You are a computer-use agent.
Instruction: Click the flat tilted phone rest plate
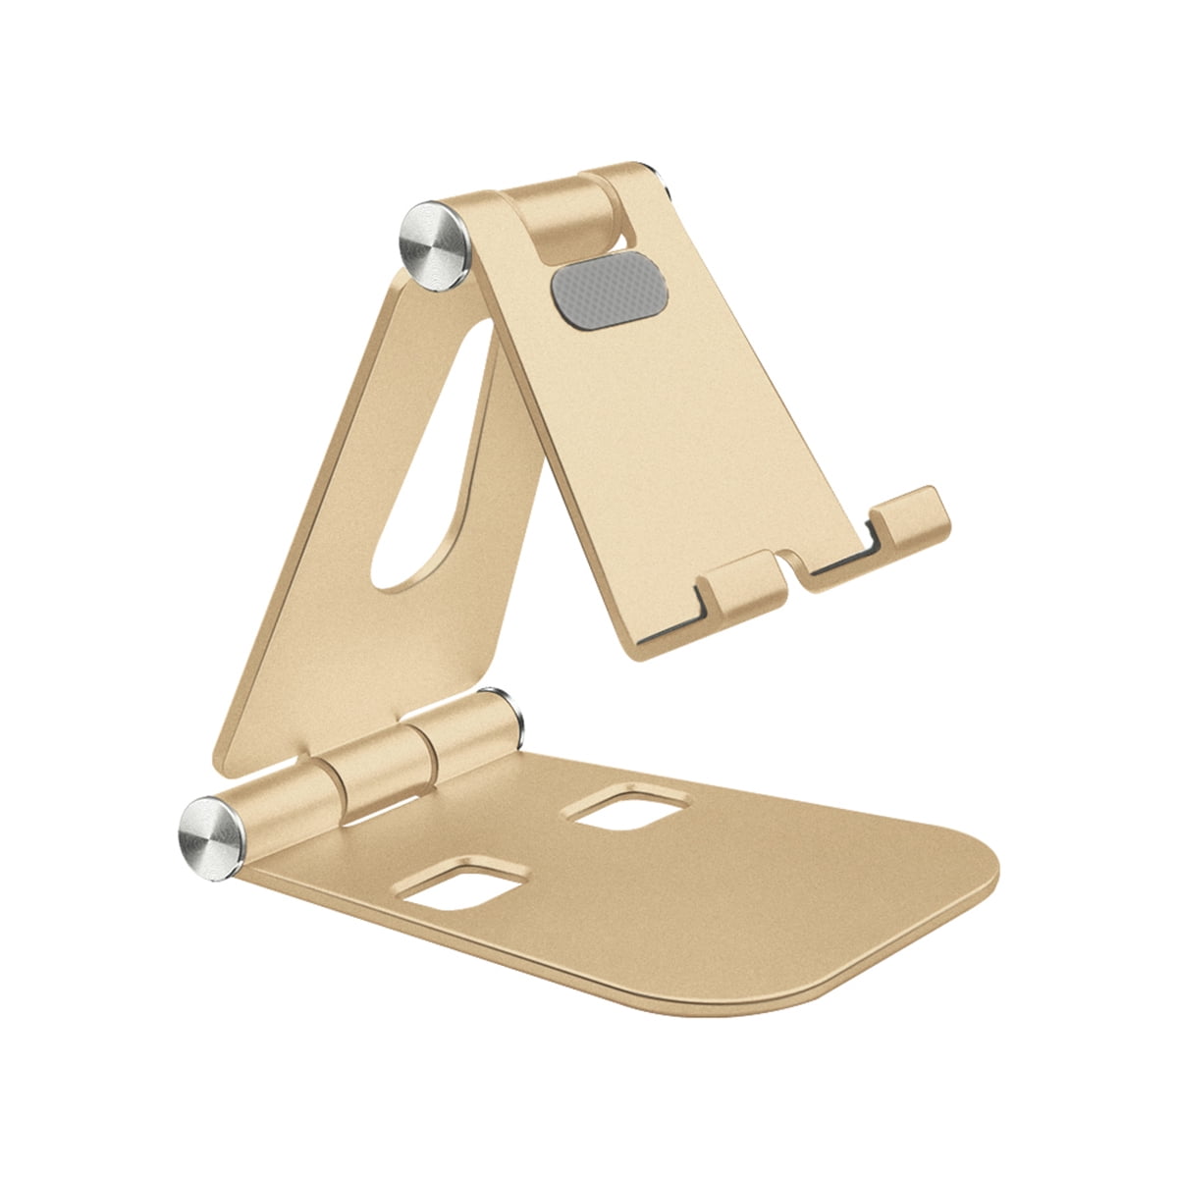click(x=668, y=442)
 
